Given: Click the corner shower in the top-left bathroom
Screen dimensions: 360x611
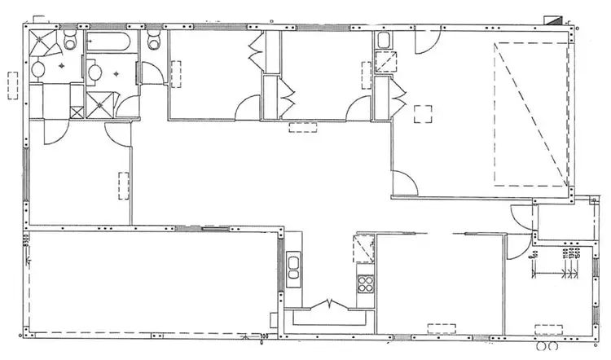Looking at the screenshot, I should [42, 43].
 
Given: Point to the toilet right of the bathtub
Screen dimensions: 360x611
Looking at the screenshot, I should [155, 41].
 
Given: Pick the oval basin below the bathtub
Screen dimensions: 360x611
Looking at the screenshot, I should [95, 72].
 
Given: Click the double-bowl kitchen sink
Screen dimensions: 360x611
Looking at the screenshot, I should [293, 267].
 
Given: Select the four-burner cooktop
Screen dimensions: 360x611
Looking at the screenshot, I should [364, 284].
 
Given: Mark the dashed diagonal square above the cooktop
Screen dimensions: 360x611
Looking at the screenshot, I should [363, 248].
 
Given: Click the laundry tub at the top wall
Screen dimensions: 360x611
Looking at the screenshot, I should [384, 39].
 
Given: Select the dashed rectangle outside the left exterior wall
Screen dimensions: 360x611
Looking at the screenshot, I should [11, 84].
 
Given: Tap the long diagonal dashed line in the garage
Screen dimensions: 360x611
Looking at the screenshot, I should [530, 114].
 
